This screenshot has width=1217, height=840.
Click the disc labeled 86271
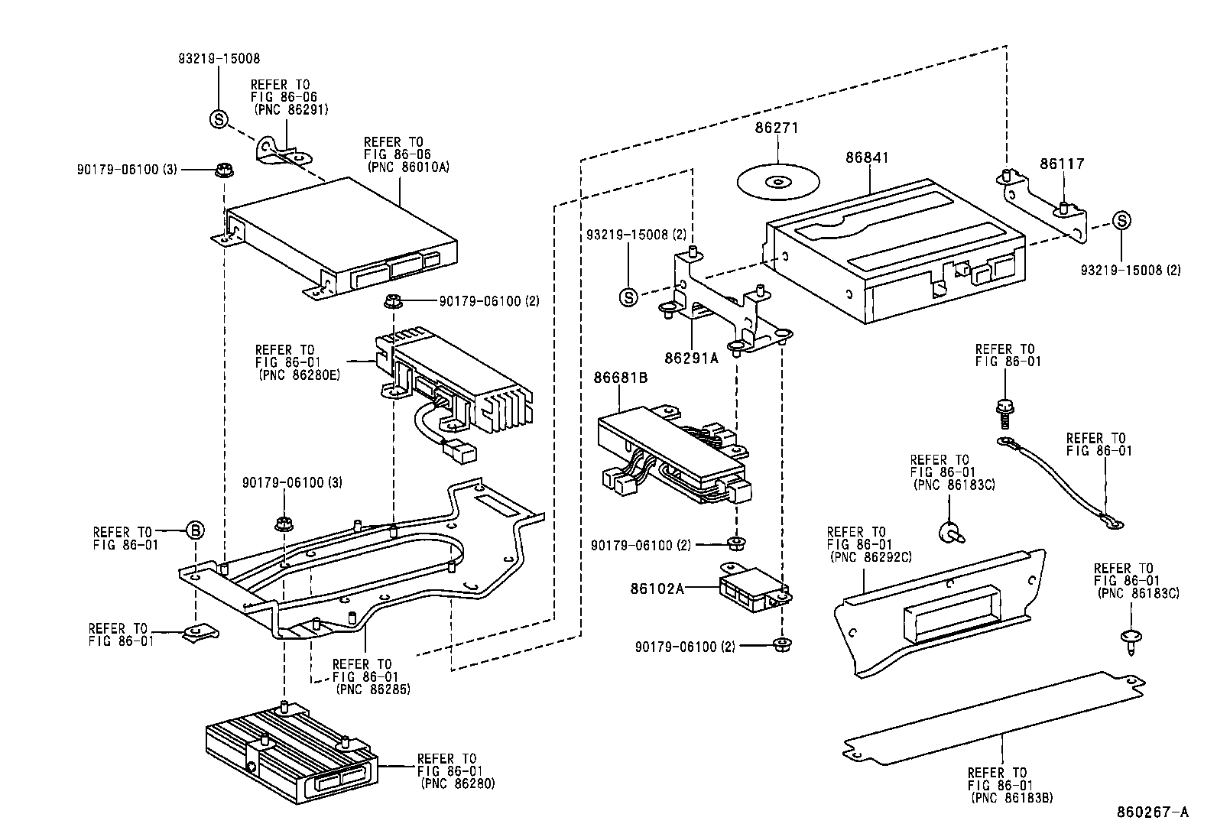click(777, 182)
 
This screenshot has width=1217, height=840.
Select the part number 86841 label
click(867, 157)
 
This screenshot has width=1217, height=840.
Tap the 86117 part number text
click(1061, 163)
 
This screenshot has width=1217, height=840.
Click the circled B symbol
click(195, 530)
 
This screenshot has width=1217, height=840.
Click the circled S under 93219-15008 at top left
click(219, 118)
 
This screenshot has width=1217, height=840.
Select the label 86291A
click(691, 357)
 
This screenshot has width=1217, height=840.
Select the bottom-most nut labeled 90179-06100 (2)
click(781, 644)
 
